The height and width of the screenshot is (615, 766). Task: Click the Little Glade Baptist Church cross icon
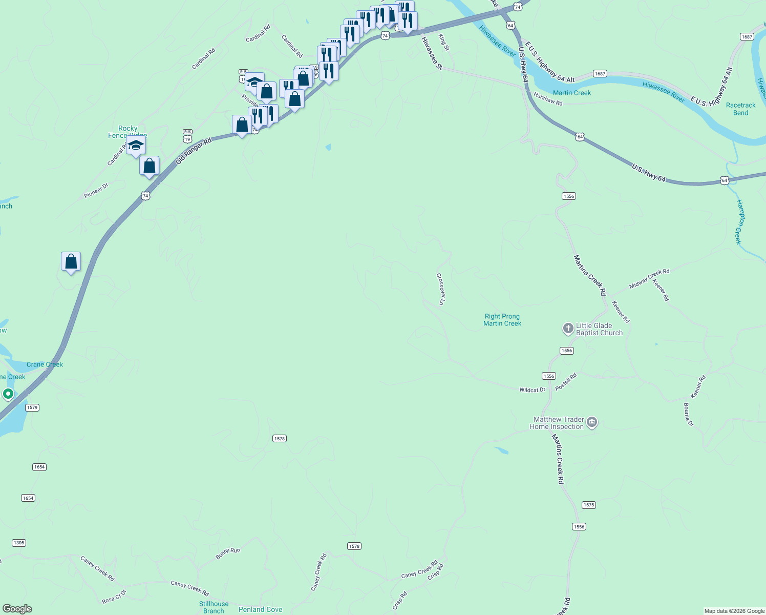pos(568,329)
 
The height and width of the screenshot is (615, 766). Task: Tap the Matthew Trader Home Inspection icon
pos(592,423)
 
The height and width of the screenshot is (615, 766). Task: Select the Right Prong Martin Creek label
pos(502,320)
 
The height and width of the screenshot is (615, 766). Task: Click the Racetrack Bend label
pos(740,109)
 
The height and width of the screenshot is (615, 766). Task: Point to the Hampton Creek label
pos(739,221)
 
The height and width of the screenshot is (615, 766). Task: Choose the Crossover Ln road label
pos(440,289)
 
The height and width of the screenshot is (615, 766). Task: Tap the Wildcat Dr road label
pos(533,390)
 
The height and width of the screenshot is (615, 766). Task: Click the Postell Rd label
pos(566,381)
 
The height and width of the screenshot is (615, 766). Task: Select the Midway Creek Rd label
pos(649,278)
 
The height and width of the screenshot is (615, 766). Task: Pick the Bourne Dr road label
pos(688,415)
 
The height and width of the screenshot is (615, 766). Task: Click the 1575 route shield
pos(589,505)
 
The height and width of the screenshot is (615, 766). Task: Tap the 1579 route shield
pos(32,407)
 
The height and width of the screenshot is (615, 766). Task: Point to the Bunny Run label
pos(228,553)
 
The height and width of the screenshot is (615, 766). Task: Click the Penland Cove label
pos(260,609)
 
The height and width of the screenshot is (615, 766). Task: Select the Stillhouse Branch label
pos(214,607)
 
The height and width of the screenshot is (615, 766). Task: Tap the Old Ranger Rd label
pos(194,151)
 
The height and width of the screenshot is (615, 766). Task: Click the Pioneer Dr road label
pos(96,191)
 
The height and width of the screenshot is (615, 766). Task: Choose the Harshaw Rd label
pos(548,99)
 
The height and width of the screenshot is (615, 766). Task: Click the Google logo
pos(17,609)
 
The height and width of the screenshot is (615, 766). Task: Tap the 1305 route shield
pos(19,543)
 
